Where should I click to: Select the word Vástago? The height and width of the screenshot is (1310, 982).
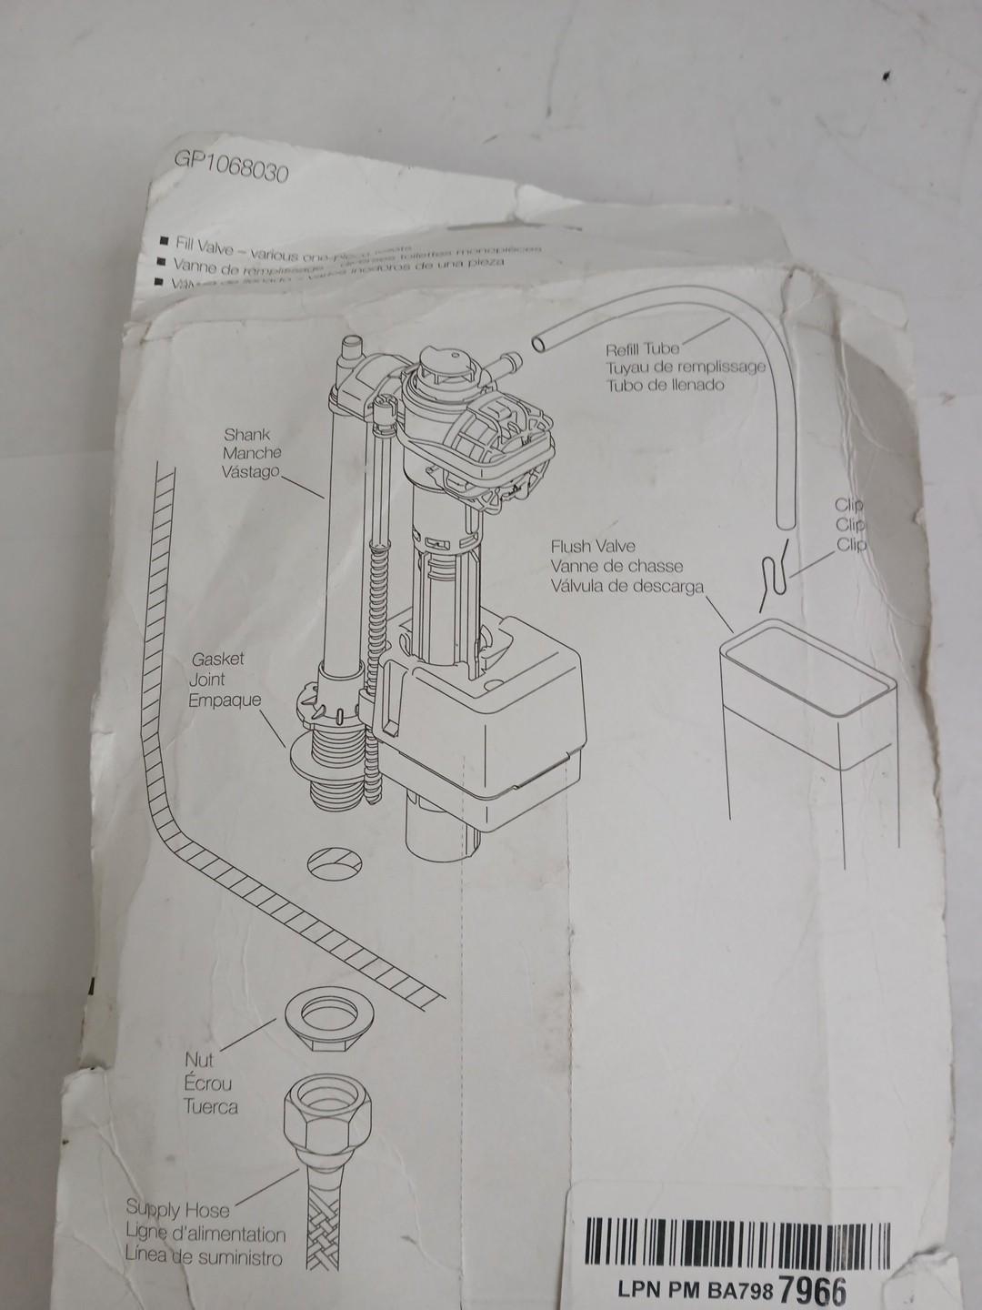[x=252, y=472]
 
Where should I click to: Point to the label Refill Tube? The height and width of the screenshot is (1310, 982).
[x=642, y=348]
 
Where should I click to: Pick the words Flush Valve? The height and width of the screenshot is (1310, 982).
[x=592, y=548]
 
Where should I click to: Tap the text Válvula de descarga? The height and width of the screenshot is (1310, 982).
[x=626, y=586]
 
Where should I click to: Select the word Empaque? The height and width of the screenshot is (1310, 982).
[x=212, y=700]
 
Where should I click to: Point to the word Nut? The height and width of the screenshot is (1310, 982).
[x=199, y=1061]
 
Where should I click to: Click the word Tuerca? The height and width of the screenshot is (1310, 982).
[x=210, y=1106]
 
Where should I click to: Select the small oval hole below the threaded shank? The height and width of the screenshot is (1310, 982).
[x=335, y=860]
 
